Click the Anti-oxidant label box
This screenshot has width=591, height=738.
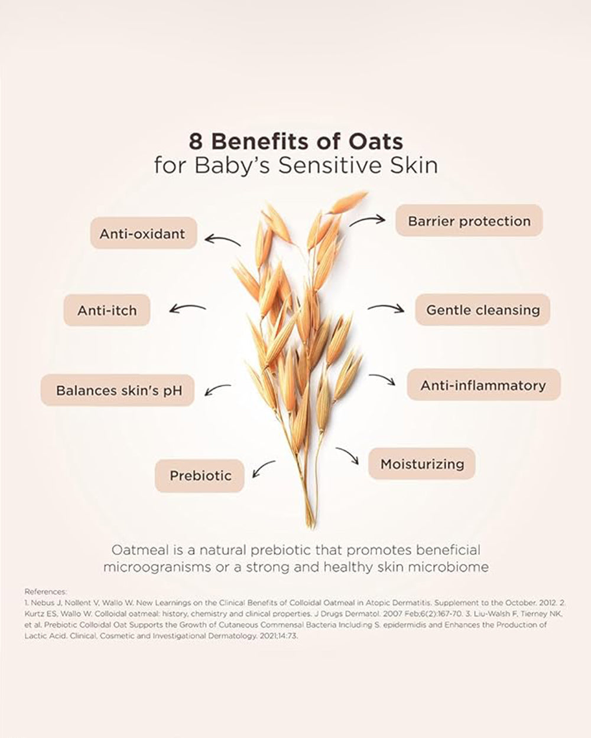pos(144,233)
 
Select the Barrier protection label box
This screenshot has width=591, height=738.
pos(469,220)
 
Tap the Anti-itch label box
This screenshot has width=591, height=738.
pos(107,310)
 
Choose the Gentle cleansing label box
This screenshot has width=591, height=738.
pos(482,310)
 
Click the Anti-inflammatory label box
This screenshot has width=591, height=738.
pos(483,385)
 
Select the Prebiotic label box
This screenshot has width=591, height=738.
pos(200,476)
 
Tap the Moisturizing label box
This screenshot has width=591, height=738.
pos(422,463)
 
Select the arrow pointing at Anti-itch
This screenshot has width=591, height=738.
pos(187,308)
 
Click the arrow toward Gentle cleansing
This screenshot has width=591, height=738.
pos(386,307)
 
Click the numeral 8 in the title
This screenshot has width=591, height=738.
pos(196,141)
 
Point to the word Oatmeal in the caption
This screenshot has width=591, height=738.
pos(140,550)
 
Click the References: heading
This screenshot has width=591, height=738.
pos(46,592)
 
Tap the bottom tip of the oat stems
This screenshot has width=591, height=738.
pos(311,528)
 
